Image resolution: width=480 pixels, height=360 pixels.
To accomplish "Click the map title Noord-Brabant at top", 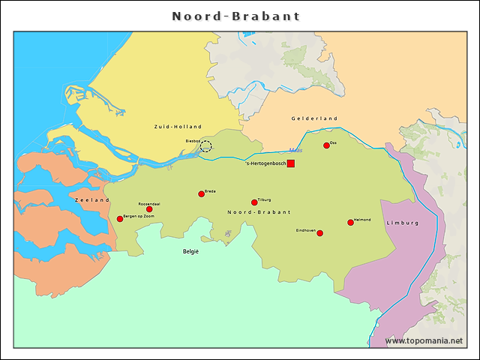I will point(236,16).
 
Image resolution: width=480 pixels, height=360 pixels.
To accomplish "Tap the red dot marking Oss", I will point(326,145).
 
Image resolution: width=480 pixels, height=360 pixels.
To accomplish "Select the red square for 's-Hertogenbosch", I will point(290,163).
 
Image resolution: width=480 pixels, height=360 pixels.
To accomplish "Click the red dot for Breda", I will point(201,194).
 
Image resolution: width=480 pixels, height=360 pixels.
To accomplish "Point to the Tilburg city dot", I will point(254,202).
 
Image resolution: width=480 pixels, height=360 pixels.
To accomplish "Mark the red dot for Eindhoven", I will point(319,233).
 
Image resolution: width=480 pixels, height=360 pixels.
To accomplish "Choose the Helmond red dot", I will point(350,223).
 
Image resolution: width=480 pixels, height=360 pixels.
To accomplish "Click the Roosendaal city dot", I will point(149,209).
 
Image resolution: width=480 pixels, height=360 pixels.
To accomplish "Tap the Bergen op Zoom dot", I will point(120,219).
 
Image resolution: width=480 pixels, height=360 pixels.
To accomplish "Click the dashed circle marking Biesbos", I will point(206,145).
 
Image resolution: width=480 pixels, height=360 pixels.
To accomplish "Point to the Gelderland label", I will point(314,118).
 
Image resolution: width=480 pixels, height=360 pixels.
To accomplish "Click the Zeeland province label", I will point(92,200).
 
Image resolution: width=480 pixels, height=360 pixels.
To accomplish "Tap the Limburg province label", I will point(402,223).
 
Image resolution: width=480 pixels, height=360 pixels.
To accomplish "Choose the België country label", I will point(190,252).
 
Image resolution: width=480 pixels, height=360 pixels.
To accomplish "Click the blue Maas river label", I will point(295,151).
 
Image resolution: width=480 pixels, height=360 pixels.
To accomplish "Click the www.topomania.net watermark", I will point(424,340).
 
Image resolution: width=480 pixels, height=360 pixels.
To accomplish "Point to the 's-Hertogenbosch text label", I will point(265,163).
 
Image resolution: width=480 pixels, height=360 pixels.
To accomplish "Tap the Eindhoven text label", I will point(304,229).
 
